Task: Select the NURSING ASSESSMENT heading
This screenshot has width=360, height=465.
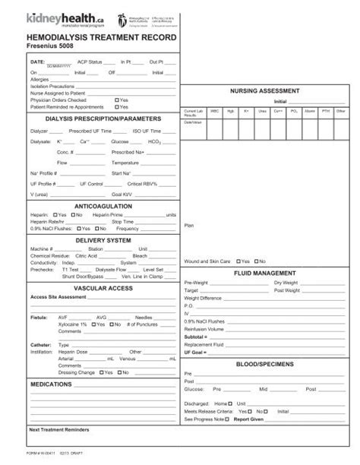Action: pyautogui.click(x=270, y=90)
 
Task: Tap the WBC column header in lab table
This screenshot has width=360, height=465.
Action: pyautogui.click(x=214, y=111)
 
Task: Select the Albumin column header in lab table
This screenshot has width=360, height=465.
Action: pyautogui.click(x=310, y=111)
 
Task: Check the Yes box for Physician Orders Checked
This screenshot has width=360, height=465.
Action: pyautogui.click(x=117, y=100)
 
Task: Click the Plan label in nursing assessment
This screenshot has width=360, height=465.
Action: pyautogui.click(x=189, y=225)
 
